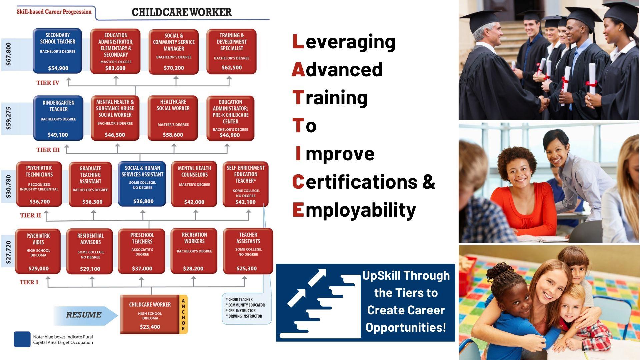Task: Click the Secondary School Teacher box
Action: (57, 51)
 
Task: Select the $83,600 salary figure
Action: (115, 68)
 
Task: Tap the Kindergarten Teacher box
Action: (58, 118)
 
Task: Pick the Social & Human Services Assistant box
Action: (142, 184)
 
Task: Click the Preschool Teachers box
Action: (142, 251)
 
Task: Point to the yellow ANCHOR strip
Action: (183, 314)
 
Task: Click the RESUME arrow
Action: (85, 315)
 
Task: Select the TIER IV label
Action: (48, 83)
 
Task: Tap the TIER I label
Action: (29, 282)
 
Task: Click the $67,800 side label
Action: (8, 54)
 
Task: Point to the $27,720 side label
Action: (8, 252)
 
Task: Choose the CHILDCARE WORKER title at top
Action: (182, 12)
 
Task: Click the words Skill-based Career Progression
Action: (54, 12)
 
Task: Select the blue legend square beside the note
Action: (22, 339)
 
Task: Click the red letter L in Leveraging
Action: (298, 42)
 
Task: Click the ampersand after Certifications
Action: (429, 182)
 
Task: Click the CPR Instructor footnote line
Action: (241, 311)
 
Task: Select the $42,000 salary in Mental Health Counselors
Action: (194, 202)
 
